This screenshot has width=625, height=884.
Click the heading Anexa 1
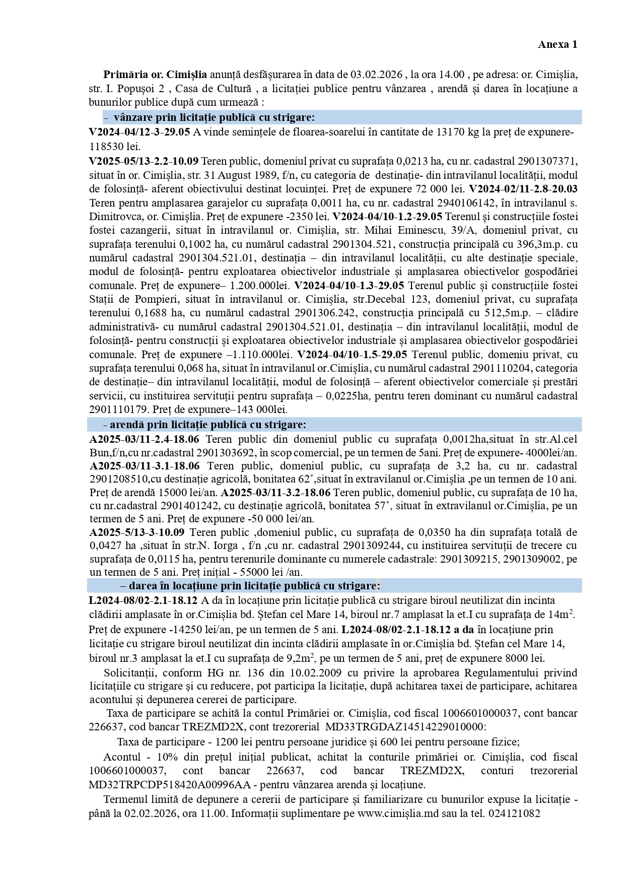point(558,44)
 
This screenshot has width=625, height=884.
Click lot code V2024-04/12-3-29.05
point(140,132)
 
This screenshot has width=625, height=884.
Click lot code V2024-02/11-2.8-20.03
point(523,189)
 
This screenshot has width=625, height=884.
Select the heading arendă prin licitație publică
point(208,425)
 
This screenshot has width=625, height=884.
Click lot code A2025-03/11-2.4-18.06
point(144,439)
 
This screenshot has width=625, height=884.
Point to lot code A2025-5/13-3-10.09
point(137,532)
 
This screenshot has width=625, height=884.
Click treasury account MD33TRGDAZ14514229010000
point(405,727)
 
